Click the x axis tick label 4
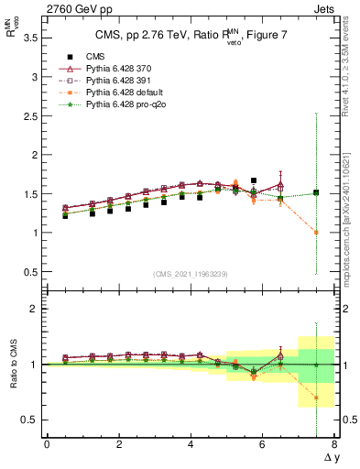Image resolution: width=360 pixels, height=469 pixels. [191, 445]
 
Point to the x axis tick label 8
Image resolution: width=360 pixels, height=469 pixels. [334, 445]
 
